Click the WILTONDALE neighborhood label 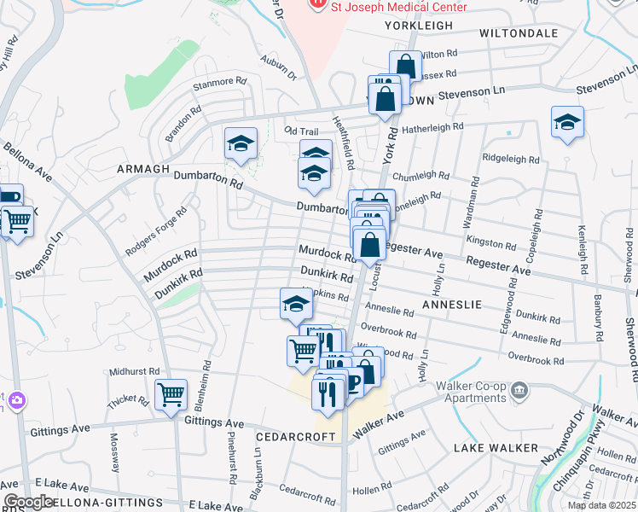pyautogui.click(x=519, y=33)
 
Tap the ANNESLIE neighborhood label pyautogui.click(x=452, y=304)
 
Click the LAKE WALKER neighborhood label pyautogui.click(x=496, y=447)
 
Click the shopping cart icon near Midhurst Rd pyautogui.click(x=171, y=395)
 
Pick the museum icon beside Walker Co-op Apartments pyautogui.click(x=519, y=392)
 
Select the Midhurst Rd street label pyautogui.click(x=135, y=372)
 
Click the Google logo pyautogui.click(x=28, y=502)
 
